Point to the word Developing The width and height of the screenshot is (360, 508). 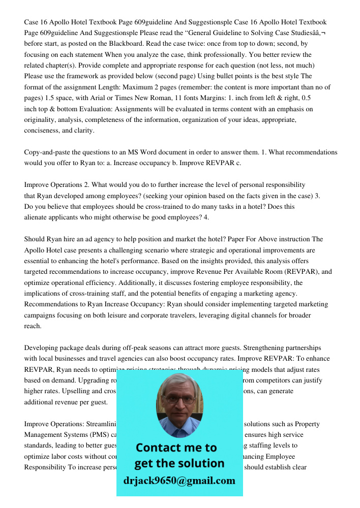41,348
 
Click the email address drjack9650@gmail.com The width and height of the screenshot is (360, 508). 179,481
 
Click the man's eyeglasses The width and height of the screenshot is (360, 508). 179,398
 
